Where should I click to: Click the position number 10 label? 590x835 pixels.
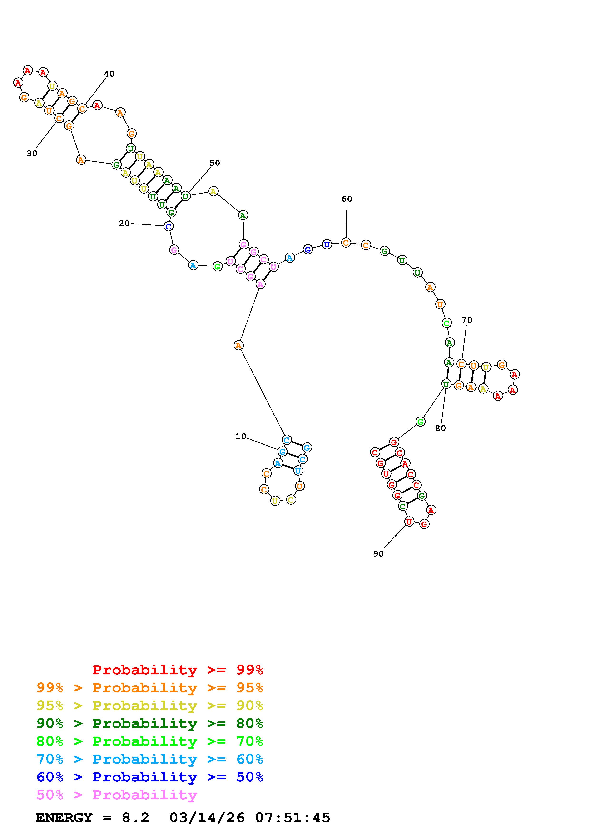[x=241, y=436]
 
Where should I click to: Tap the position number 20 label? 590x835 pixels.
[x=124, y=223]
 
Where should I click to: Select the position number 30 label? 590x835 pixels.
[x=32, y=154]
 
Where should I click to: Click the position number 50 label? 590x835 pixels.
[x=214, y=163]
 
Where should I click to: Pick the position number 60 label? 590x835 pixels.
[x=347, y=199]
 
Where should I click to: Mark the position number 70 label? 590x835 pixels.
[x=467, y=320]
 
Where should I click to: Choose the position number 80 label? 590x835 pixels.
[x=440, y=428]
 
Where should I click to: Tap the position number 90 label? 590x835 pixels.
[x=378, y=553]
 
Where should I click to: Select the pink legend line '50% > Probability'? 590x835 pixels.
[x=117, y=795]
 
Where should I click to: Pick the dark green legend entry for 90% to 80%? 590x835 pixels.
[x=150, y=723]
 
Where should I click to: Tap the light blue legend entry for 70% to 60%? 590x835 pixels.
[x=150, y=759]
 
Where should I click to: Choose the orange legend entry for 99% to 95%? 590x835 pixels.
[x=150, y=688]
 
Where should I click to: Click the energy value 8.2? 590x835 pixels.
[x=135, y=818]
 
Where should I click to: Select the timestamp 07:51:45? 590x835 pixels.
[x=293, y=818]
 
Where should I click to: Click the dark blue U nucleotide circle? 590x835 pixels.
[x=327, y=245]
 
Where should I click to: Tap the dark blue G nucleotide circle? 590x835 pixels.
[x=308, y=249]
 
